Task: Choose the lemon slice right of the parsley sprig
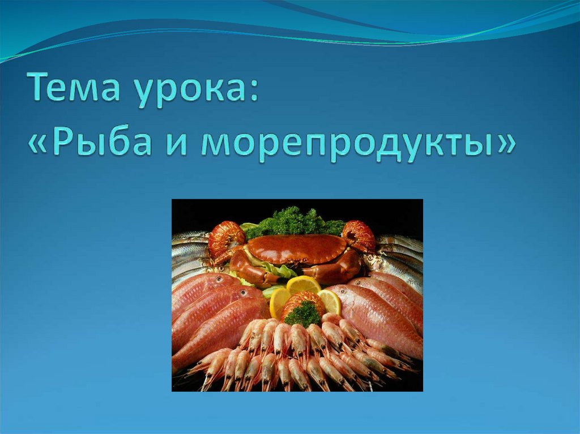click(330, 301)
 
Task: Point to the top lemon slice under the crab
click(304, 285)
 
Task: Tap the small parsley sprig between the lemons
click(302, 313)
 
